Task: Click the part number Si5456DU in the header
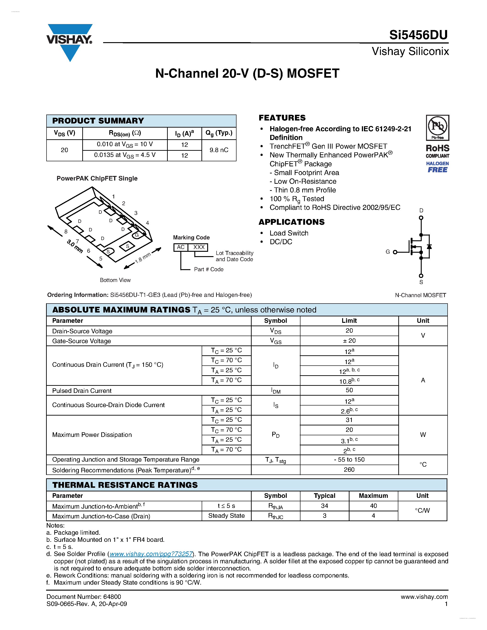418,35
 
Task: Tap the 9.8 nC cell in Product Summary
219,150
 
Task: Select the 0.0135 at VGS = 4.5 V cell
125,155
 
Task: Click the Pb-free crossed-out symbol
437,126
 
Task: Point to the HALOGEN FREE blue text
437,167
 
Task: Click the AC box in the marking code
181,247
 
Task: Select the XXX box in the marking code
198,247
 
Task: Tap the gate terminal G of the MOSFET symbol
395,252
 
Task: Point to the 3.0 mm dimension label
74,246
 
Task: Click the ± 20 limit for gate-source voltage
349,341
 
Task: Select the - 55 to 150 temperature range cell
349,460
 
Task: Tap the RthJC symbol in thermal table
275,516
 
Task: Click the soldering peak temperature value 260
349,470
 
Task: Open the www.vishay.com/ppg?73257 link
151,554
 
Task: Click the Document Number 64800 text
84,597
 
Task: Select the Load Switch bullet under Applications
289,233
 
